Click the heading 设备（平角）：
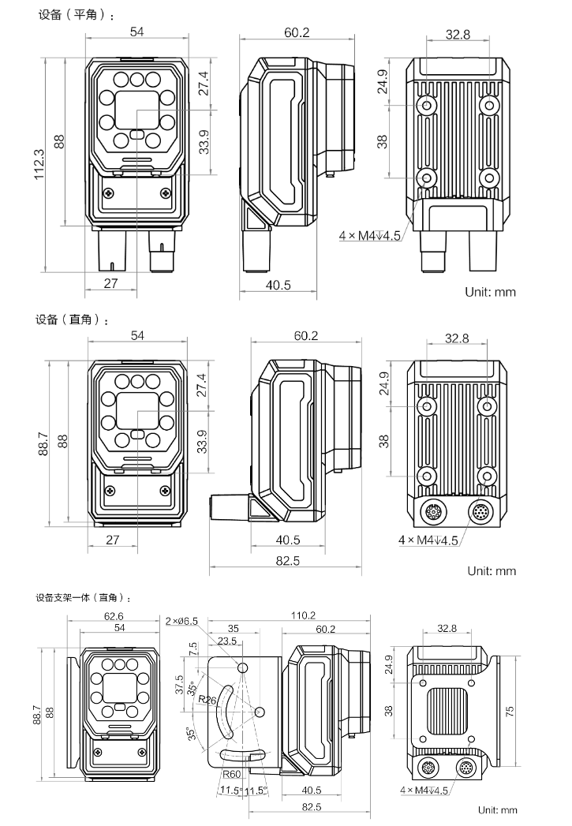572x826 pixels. point(76,15)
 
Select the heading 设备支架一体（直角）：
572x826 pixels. point(82,598)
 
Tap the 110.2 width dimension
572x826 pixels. point(303,615)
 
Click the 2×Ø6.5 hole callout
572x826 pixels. point(181,621)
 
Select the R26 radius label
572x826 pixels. point(207,699)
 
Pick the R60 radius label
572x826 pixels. point(230,774)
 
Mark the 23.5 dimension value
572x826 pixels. point(227,641)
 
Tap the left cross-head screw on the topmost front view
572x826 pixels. point(109,193)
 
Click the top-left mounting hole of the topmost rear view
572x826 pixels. point(427,105)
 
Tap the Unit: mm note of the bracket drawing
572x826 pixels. point(496,809)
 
